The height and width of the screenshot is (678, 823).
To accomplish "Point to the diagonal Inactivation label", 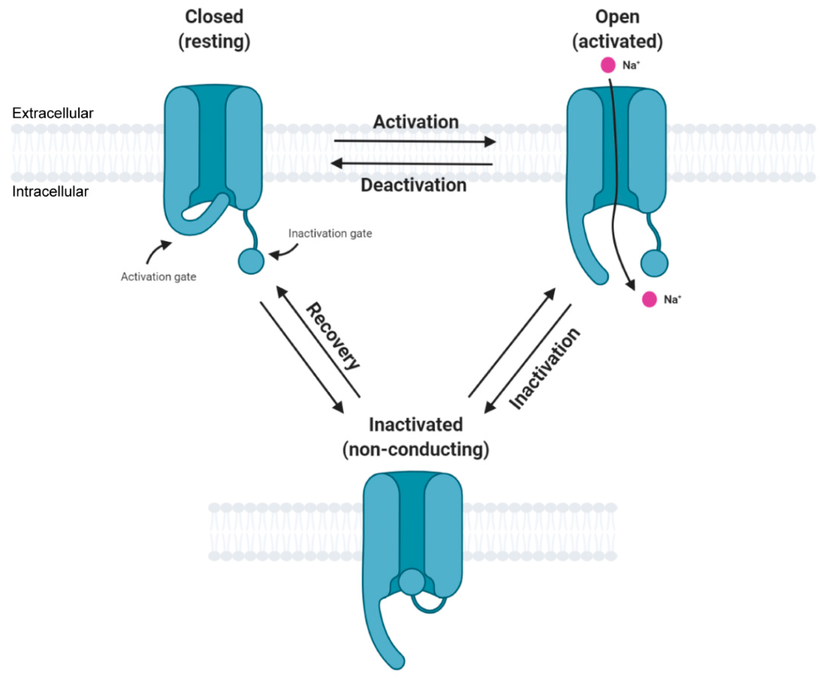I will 545,369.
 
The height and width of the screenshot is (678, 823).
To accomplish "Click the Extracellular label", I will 53,113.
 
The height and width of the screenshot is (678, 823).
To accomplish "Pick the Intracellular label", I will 50,192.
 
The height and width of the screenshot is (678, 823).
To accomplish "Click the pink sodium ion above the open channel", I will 608,65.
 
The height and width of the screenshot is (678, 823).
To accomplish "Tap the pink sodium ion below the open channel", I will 649,300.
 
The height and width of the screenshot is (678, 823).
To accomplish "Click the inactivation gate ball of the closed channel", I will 251,261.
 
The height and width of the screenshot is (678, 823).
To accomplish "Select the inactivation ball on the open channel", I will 654,263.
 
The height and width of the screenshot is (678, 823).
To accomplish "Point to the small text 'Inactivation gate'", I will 330,234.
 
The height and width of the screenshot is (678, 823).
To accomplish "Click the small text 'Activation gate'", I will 158,277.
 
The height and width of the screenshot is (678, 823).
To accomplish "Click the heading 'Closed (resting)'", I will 214,29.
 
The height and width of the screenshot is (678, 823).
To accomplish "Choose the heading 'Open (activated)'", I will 617,29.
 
